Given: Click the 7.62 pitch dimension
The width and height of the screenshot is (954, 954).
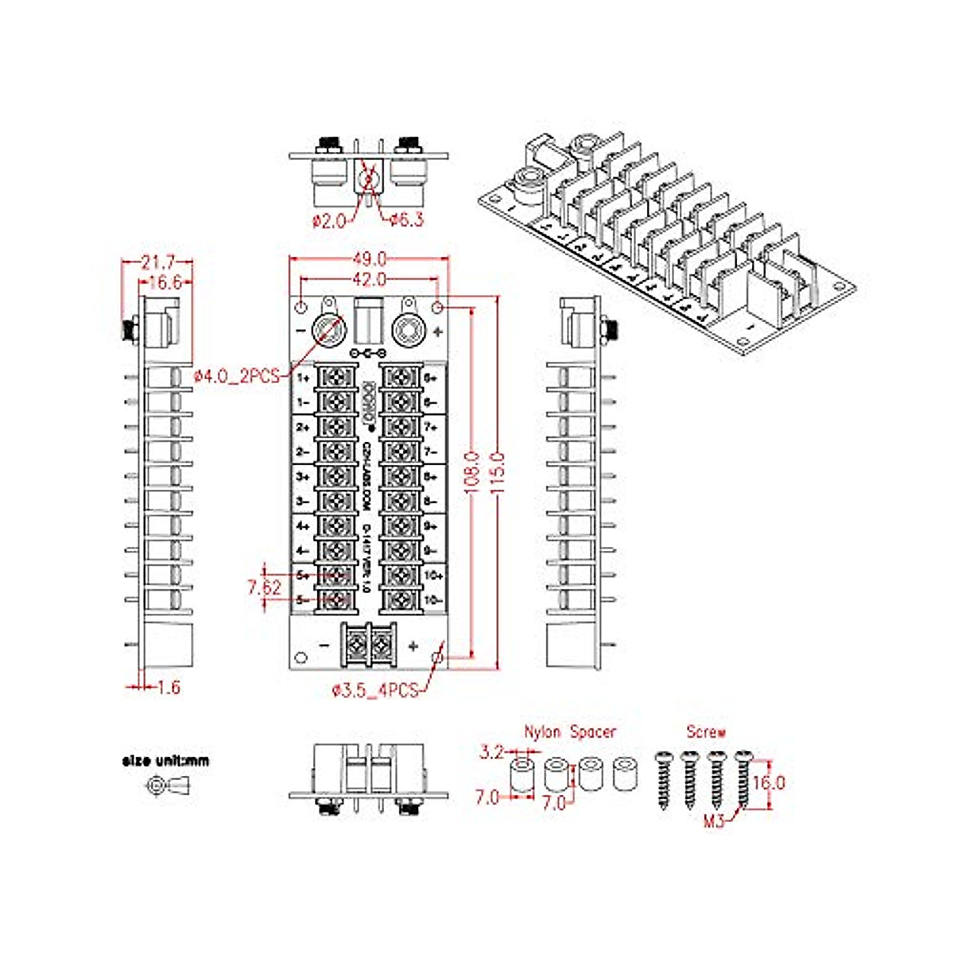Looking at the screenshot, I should [264, 588].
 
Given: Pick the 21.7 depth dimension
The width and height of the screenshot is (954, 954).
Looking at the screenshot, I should [157, 262].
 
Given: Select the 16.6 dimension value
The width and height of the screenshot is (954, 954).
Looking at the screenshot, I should [165, 282].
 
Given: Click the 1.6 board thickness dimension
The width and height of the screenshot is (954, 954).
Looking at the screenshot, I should [168, 687].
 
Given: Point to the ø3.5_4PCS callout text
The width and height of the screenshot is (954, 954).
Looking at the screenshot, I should [374, 691].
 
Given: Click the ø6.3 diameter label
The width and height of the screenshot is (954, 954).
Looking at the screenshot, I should [406, 219].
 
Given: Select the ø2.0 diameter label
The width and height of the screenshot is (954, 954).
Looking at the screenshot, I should [329, 220].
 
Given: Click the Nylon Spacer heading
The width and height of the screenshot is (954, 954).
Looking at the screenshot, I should [569, 731].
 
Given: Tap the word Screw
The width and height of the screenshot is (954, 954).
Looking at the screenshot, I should [706, 731].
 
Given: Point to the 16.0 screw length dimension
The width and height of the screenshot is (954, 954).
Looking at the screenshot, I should [768, 782].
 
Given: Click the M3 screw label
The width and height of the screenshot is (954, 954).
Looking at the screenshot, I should [714, 822].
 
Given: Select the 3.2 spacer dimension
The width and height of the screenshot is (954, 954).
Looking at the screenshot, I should [492, 751].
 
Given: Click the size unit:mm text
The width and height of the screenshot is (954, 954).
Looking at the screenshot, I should [165, 761].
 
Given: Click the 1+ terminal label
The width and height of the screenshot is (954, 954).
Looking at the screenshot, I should [303, 378].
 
